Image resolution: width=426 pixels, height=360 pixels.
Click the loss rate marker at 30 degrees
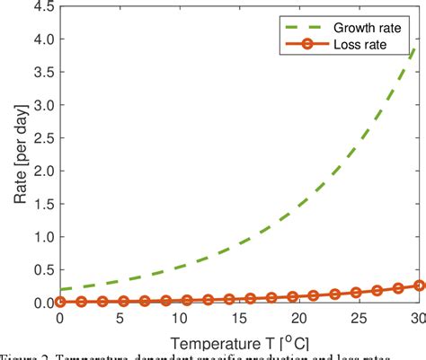[x=419, y=285]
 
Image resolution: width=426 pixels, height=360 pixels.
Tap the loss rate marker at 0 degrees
[x=60, y=303]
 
